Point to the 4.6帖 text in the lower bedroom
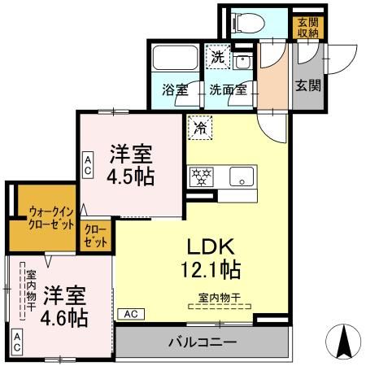[x=65, y=317]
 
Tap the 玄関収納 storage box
[x=307, y=27]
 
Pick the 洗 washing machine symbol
[x=216, y=57]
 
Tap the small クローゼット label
[x=95, y=236]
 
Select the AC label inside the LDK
[x=129, y=313]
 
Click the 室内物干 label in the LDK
[x=220, y=297]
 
